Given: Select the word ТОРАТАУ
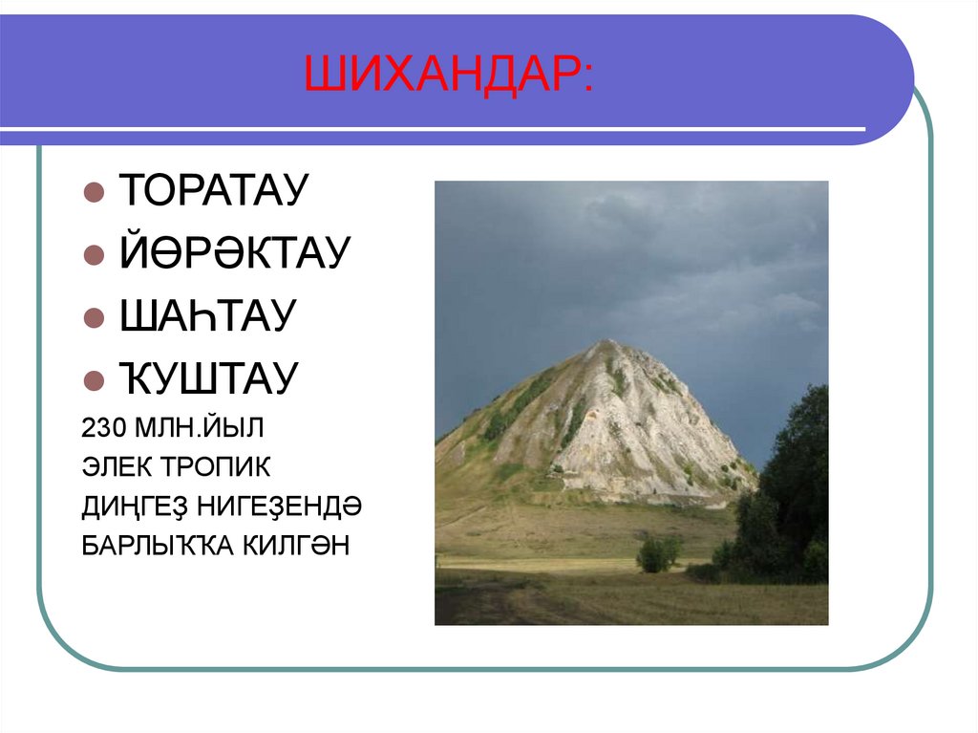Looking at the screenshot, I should pos(213,190).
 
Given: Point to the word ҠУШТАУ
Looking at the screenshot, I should pos(208,378).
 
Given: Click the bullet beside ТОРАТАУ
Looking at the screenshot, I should pos(94,191).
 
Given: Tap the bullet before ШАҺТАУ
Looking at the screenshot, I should pos(94,317).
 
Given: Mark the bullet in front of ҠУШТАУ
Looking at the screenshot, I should pos(94,380).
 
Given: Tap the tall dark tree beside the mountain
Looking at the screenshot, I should pos(793,478).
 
